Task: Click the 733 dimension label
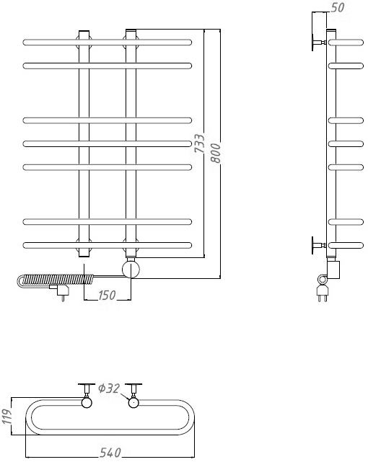pyautogui.click(x=200, y=143)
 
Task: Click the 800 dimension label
pyautogui.click(x=216, y=153)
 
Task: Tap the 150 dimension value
pyautogui.click(x=107, y=295)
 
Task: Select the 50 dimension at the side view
pyautogui.click(x=338, y=7)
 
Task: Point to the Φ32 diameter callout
pyautogui.click(x=109, y=388)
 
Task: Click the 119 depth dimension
pyautogui.click(x=6, y=416)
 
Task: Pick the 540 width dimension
pyautogui.click(x=110, y=453)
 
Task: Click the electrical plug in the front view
pyautogui.click(x=60, y=291)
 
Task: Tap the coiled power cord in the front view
pyautogui.click(x=56, y=280)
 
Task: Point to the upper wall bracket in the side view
pyautogui.click(x=318, y=43)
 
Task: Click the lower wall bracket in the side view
pyautogui.click(x=318, y=245)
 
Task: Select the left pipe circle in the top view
pyautogui.click(x=87, y=402)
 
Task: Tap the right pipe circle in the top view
pyautogui.click(x=133, y=402)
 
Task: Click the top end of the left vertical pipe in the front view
pyautogui.click(x=84, y=30)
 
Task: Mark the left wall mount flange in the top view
pyautogui.click(x=87, y=384)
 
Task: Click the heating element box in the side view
pyautogui.click(x=333, y=270)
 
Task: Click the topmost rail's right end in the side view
pyautogui.click(x=362, y=43)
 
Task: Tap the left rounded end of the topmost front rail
pyautogui.click(x=25, y=42)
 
